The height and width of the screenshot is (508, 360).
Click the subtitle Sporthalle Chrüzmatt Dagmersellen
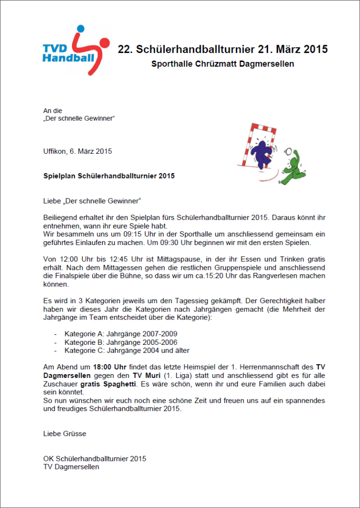222,64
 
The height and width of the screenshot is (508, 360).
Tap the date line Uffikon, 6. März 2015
77,151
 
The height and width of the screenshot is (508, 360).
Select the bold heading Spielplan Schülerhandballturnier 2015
109,176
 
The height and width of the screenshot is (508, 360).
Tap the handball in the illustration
289,152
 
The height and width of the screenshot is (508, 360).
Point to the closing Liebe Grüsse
65,434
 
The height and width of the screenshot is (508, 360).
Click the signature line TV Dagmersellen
71,467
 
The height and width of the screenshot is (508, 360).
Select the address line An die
53,111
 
